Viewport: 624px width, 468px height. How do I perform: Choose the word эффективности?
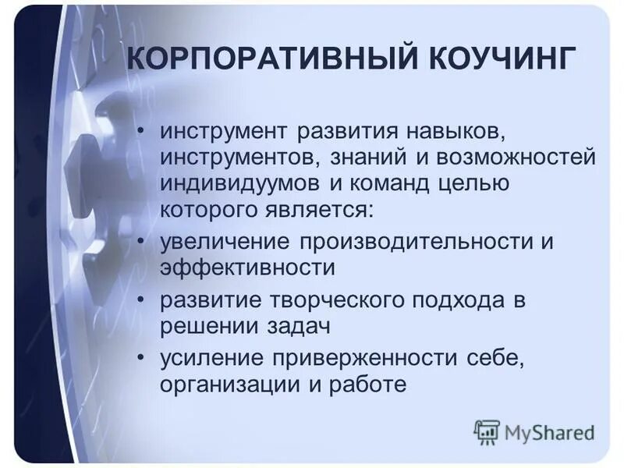click(x=248, y=268)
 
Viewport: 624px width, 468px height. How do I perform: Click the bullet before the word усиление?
click(x=141, y=357)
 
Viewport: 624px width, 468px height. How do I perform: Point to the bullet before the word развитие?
click(x=141, y=299)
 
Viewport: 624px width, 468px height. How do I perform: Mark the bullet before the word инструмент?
click(x=141, y=129)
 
